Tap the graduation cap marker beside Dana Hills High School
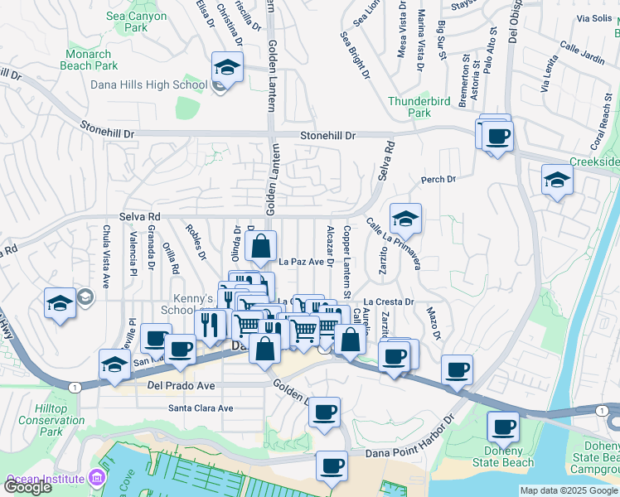click(226, 68)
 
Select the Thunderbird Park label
click(421, 107)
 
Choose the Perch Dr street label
click(438, 179)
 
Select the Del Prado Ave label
click(181, 386)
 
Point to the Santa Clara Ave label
click(201, 408)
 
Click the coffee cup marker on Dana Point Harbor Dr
click(332, 466)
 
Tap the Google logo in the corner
click(27, 487)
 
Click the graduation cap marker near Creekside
click(557, 180)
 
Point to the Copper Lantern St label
click(346, 259)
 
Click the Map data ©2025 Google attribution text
click(569, 490)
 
